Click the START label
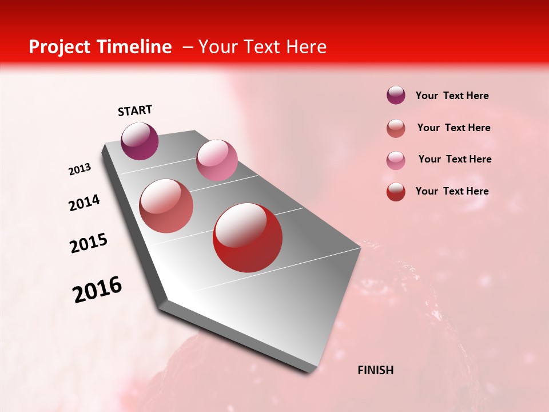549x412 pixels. pos(135,110)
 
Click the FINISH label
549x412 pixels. pos(376,370)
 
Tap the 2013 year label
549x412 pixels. pos(79,169)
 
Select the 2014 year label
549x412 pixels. pos(84,203)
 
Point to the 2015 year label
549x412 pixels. pos(89,243)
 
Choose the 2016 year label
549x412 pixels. pos(97,289)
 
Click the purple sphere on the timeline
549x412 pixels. pos(140,141)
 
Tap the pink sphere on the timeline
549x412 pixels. pos(217,160)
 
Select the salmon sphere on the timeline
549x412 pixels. pos(166,206)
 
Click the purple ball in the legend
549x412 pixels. pos(396,95)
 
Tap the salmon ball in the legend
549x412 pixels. pos(396,128)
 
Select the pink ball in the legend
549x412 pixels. pos(396,160)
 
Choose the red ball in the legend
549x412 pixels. pos(396,192)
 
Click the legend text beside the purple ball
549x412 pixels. pos(452,96)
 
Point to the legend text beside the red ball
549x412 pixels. pos(452,191)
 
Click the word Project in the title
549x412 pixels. pos(59,47)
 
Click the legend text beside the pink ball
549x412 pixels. pos(455,159)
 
